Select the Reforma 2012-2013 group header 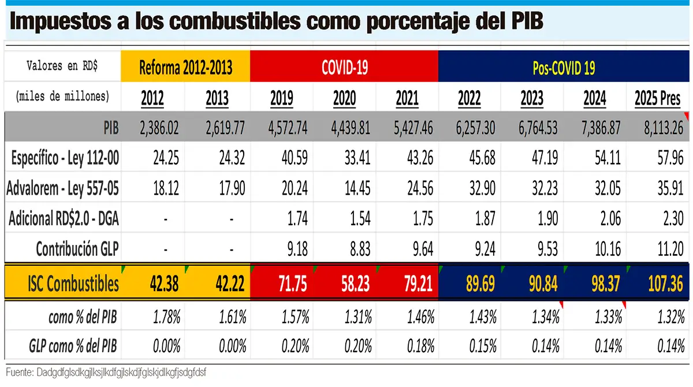pyautogui.click(x=185, y=68)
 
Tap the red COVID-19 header pyautogui.click(x=345, y=68)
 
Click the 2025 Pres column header pyautogui.click(x=658, y=98)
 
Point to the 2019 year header pyautogui.click(x=281, y=98)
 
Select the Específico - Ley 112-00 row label pyautogui.click(x=64, y=158)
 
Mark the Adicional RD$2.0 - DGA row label pyautogui.click(x=64, y=218)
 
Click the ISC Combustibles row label pyautogui.click(x=73, y=284)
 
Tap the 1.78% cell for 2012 pyautogui.click(x=166, y=317)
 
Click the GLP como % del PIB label pyautogui.click(x=73, y=346)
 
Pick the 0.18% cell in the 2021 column pyautogui.click(x=420, y=346)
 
